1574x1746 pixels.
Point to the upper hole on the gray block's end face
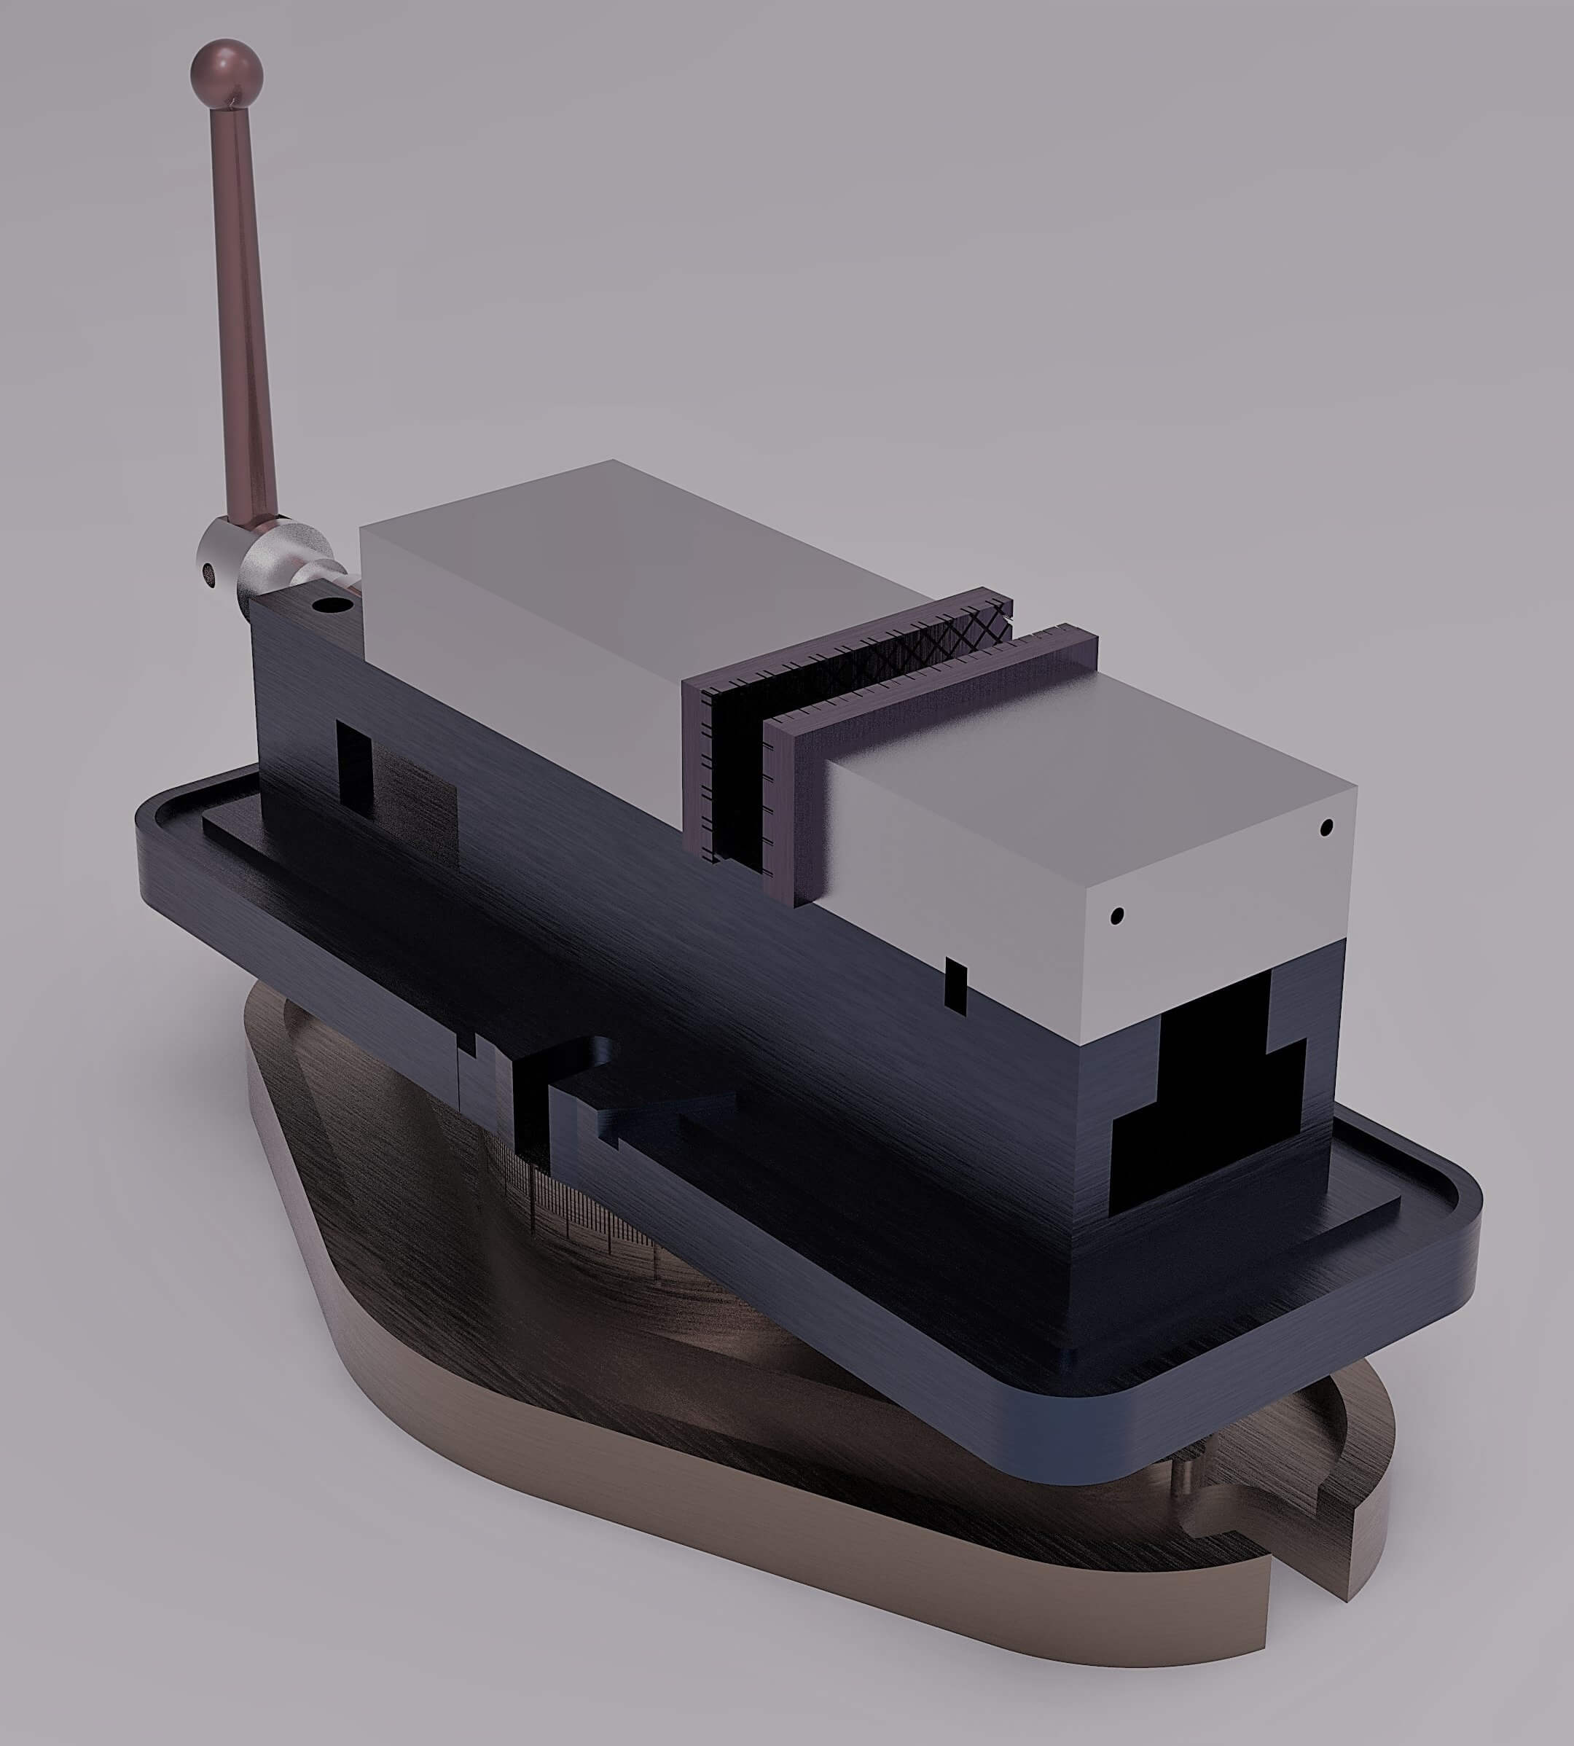click(1326, 829)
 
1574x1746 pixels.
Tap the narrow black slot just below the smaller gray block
click(955, 985)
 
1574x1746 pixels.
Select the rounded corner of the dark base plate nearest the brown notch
click(1124, 1462)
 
